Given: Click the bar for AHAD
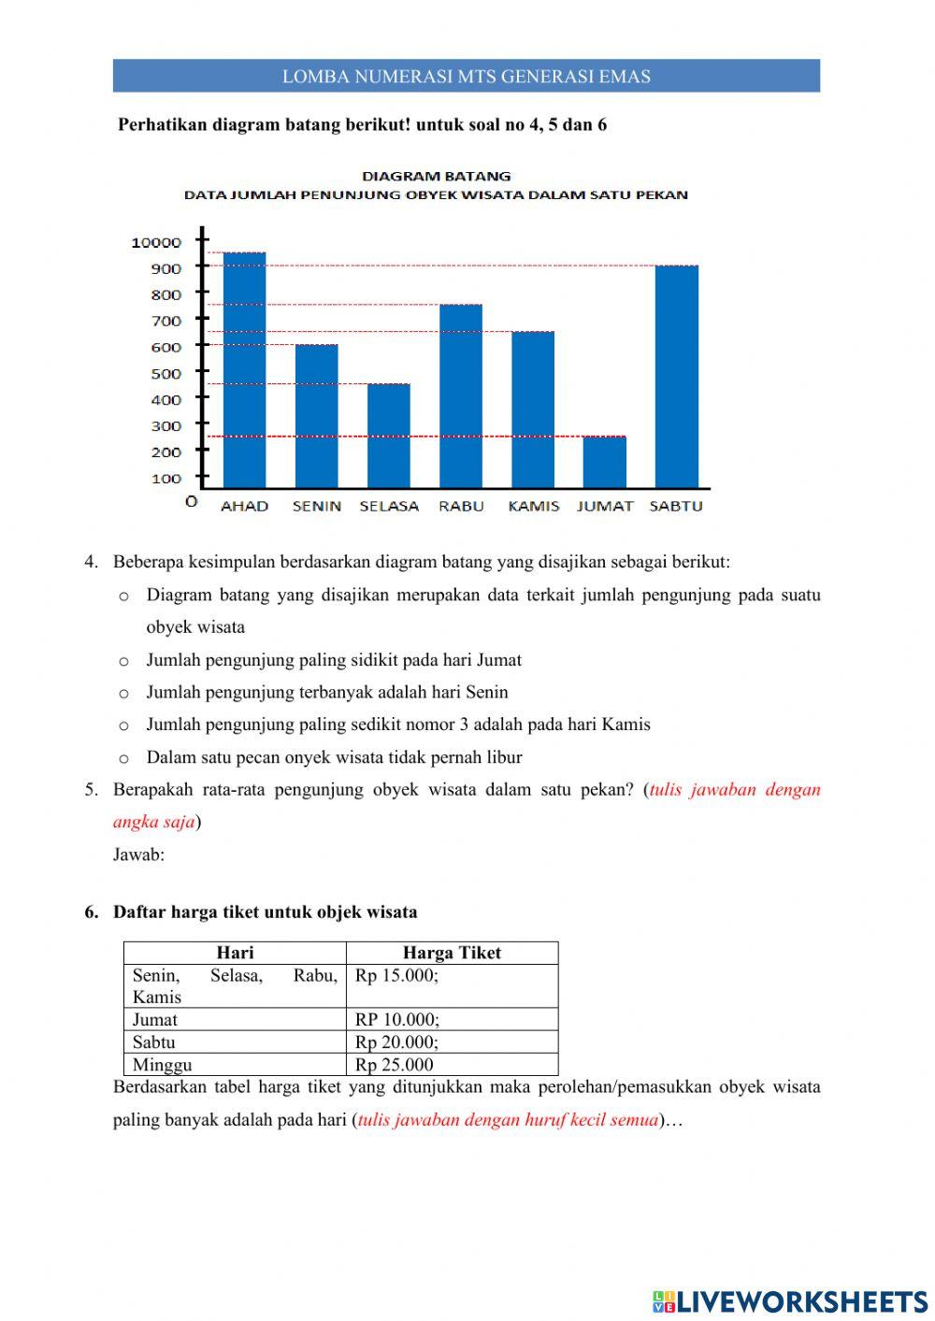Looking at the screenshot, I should coord(244,369).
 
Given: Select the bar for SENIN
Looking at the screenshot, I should coord(316,416).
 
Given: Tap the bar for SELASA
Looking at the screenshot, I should coord(388,436).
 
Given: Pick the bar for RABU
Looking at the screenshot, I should coord(461,395).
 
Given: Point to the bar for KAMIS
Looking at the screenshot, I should coord(533,409).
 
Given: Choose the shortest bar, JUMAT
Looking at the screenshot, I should coord(605,462).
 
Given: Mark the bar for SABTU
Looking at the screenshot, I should coord(677,376).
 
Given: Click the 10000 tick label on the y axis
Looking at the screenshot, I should coord(156,242).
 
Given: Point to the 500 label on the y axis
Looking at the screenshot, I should coord(165,373).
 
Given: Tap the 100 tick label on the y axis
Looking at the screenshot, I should coord(165,479).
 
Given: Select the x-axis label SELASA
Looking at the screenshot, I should coord(389,506).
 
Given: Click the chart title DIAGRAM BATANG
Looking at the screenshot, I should coord(437,176).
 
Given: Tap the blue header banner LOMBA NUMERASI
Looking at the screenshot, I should coord(467,77).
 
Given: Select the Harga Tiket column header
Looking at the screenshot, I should coord(452,953).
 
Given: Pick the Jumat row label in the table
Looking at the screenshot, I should coord(155,1019).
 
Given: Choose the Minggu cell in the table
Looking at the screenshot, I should coord(163,1064).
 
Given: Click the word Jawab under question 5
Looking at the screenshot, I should coord(138,854).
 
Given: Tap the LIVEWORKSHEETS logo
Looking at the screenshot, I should coord(789,1300).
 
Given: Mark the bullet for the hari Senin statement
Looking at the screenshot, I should coord(123,694).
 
